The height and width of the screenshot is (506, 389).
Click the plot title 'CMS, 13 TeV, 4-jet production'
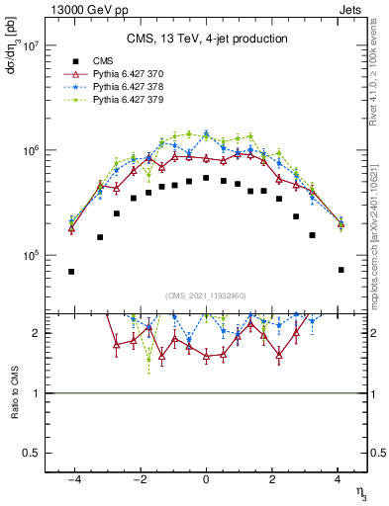pyautogui.click(x=207, y=39)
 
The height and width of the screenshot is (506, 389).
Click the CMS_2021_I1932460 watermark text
pyautogui.click(x=206, y=296)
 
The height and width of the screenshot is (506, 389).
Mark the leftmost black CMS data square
pyautogui.click(x=71, y=272)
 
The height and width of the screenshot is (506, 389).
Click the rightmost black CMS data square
pyautogui.click(x=340, y=270)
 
